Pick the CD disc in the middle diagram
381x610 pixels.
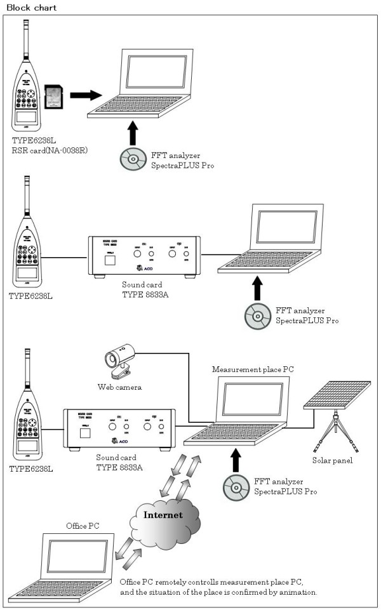(255, 315)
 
